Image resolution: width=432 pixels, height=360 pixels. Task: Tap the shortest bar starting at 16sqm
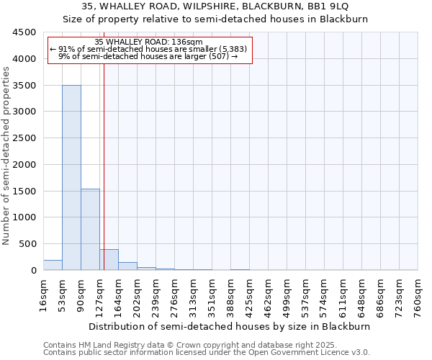point(53,265)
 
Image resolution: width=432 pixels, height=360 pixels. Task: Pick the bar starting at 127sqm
point(109,260)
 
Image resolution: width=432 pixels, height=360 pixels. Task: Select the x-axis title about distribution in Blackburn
point(230,326)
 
